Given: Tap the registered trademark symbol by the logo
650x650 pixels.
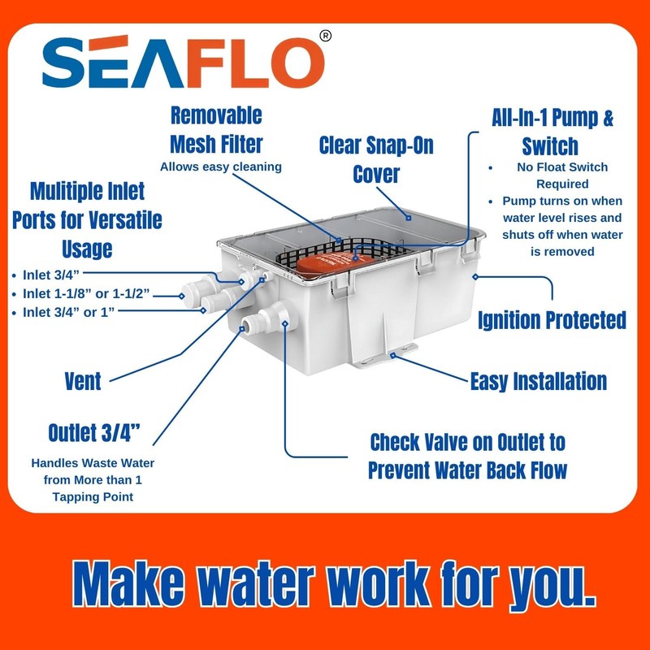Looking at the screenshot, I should pyautogui.click(x=326, y=36).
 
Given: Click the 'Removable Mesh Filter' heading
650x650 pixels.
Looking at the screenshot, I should pyautogui.click(x=216, y=130).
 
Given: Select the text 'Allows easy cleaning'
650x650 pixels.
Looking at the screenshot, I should pyautogui.click(x=220, y=167).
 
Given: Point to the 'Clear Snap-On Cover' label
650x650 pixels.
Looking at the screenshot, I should pyautogui.click(x=375, y=160).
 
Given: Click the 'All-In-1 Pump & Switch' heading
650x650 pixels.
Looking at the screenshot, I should pyautogui.click(x=552, y=132).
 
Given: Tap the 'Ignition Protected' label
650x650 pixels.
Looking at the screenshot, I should pyautogui.click(x=552, y=319).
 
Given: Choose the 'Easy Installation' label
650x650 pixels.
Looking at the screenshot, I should pyautogui.click(x=539, y=380).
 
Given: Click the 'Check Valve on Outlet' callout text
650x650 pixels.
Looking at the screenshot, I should pyautogui.click(x=467, y=456).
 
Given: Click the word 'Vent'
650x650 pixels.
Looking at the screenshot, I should pyautogui.click(x=83, y=380).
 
